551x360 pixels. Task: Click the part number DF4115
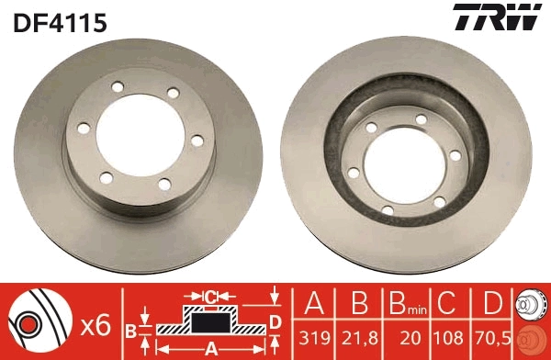point(61,22)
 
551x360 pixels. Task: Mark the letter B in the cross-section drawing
point(130,330)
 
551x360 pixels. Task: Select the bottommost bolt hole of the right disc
point(388,211)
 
